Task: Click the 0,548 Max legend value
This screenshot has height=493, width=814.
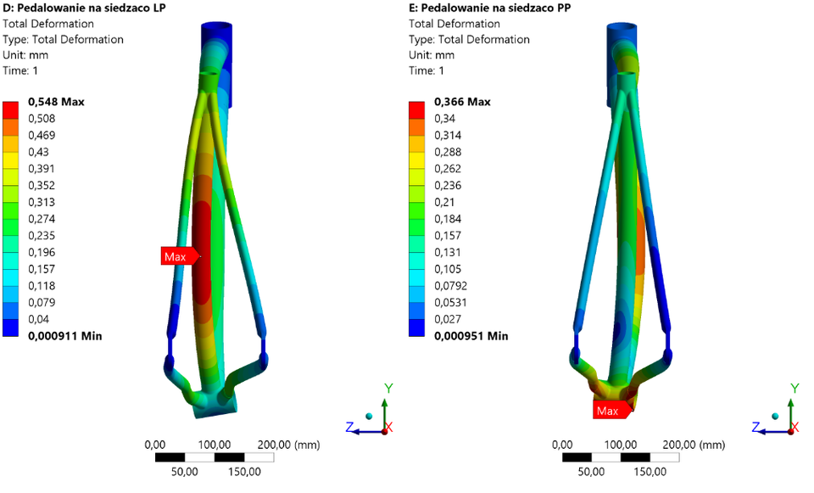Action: [x=56, y=102]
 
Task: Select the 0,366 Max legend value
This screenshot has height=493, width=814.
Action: [x=462, y=102]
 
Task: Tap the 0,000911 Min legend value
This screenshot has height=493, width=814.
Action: [x=65, y=336]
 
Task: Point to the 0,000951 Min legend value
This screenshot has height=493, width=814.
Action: [x=471, y=336]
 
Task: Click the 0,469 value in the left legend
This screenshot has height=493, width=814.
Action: [x=42, y=136]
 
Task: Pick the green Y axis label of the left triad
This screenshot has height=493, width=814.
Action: [x=388, y=388]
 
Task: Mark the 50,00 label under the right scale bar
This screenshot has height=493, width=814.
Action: [x=591, y=471]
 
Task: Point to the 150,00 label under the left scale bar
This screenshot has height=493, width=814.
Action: [x=243, y=471]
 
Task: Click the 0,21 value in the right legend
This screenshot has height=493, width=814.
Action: [x=444, y=202]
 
